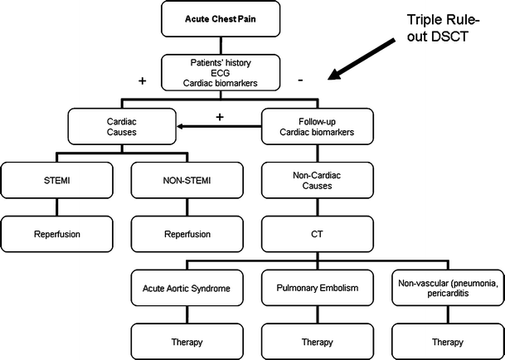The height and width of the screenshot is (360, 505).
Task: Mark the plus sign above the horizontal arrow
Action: click(221, 117)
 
